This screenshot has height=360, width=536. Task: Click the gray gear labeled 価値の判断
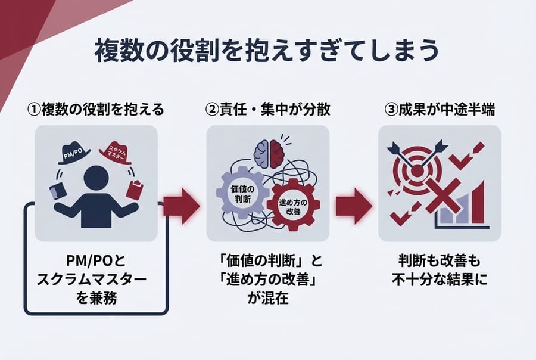click(x=237, y=193)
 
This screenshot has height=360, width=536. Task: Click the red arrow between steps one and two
click(x=181, y=206)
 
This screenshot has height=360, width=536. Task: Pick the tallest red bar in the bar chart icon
click(x=478, y=206)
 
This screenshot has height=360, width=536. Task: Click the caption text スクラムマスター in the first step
click(x=96, y=280)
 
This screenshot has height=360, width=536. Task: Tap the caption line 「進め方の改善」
click(x=267, y=280)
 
